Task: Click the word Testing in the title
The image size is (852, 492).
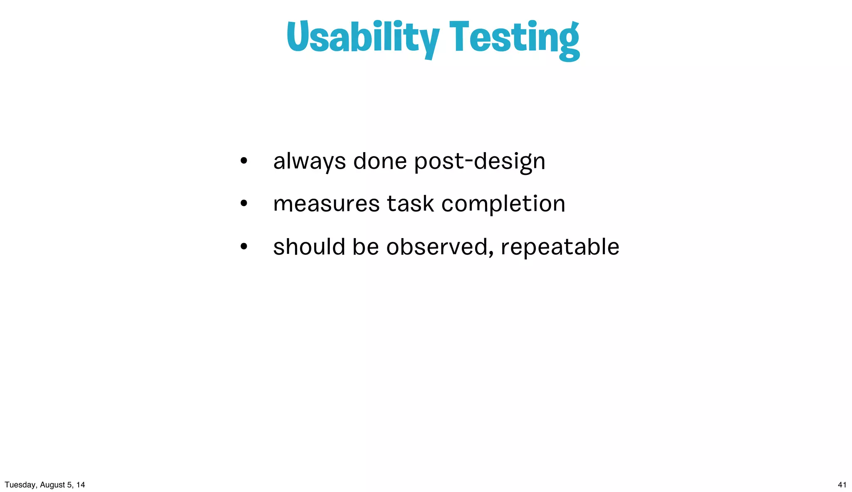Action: (x=514, y=38)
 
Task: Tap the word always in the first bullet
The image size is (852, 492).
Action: (x=309, y=161)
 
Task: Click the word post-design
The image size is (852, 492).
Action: (x=480, y=161)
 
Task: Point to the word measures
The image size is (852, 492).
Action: (x=327, y=204)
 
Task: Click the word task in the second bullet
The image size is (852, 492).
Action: (x=411, y=204)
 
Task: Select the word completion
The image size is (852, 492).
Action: (x=503, y=204)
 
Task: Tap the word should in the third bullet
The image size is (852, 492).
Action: (x=309, y=247)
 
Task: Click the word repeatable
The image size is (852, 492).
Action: (x=560, y=247)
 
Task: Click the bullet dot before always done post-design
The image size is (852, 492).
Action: (x=244, y=161)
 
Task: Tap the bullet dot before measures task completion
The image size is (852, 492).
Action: (x=244, y=204)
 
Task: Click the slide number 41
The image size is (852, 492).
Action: (x=842, y=485)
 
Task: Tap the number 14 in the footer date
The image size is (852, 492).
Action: (x=81, y=485)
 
